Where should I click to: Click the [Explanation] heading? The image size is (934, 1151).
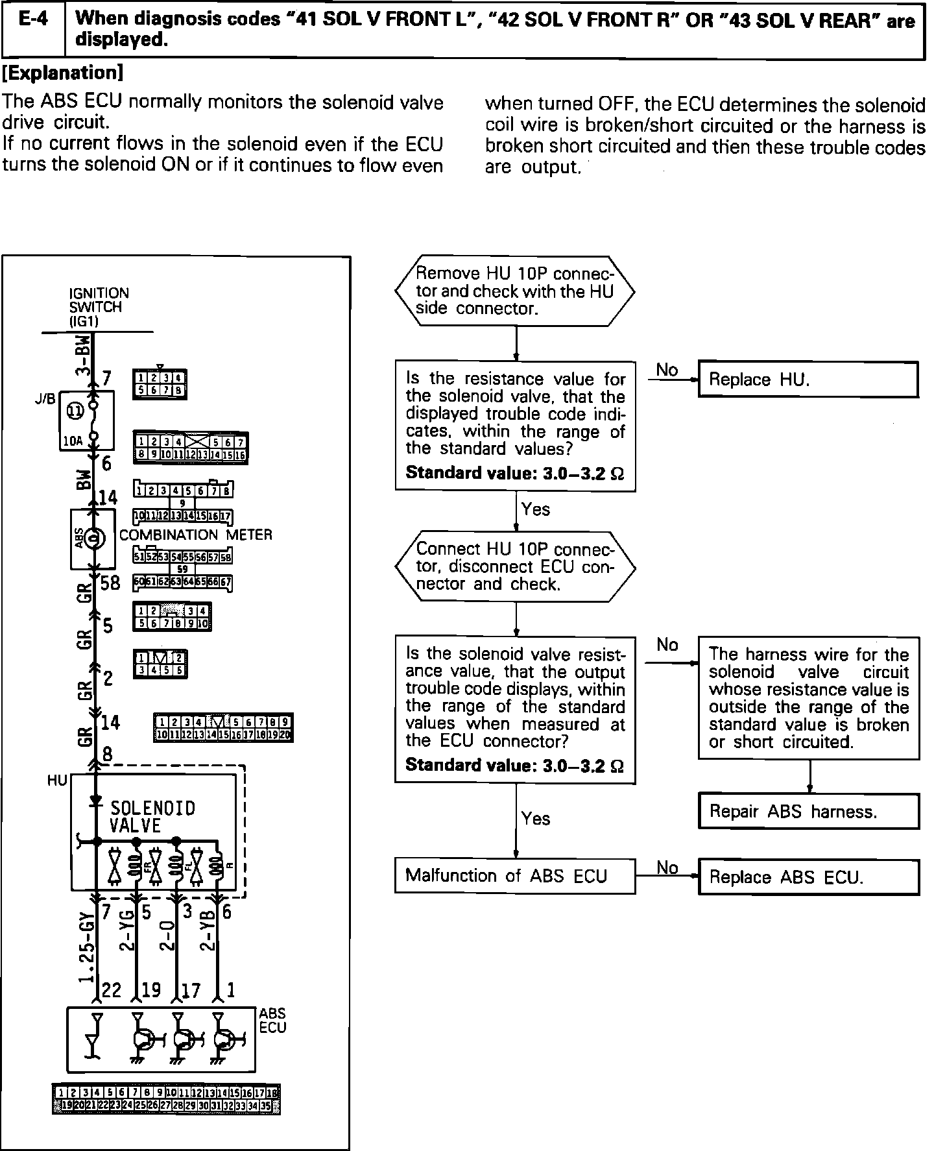tap(63, 73)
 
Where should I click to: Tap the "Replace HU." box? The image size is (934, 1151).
tap(808, 380)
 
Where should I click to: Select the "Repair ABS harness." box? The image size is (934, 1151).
tap(808, 811)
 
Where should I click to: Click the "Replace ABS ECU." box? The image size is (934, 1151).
tap(808, 877)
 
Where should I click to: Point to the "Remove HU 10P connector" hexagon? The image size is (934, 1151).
tap(515, 291)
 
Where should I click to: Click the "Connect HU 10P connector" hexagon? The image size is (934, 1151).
tap(515, 566)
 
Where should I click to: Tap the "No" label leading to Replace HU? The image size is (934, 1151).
tap(667, 370)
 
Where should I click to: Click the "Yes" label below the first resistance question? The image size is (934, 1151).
tap(536, 509)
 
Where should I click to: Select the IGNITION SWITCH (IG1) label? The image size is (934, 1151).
tap(99, 307)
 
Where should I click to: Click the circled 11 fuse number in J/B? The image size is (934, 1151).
tap(75, 411)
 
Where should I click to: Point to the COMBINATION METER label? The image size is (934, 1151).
tap(196, 535)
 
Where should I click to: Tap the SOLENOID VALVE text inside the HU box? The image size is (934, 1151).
tap(152, 816)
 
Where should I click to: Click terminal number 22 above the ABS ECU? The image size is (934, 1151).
tap(112, 990)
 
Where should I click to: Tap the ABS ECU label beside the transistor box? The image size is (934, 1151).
tap(272, 1020)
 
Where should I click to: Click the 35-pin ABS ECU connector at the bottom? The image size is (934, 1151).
tap(166, 1098)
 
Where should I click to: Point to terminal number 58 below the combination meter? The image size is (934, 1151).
tap(110, 583)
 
